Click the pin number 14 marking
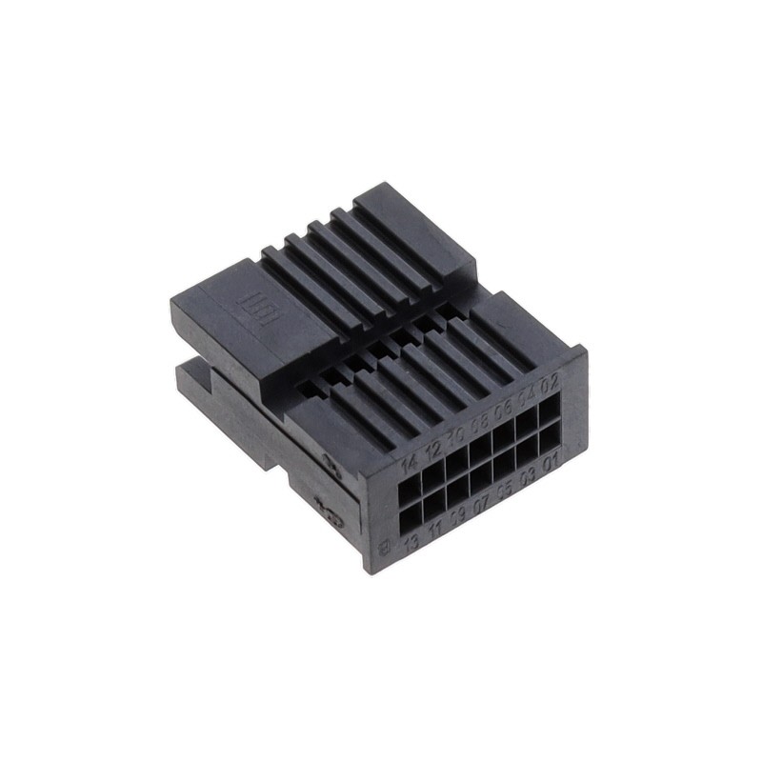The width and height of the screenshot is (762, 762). click(411, 465)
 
